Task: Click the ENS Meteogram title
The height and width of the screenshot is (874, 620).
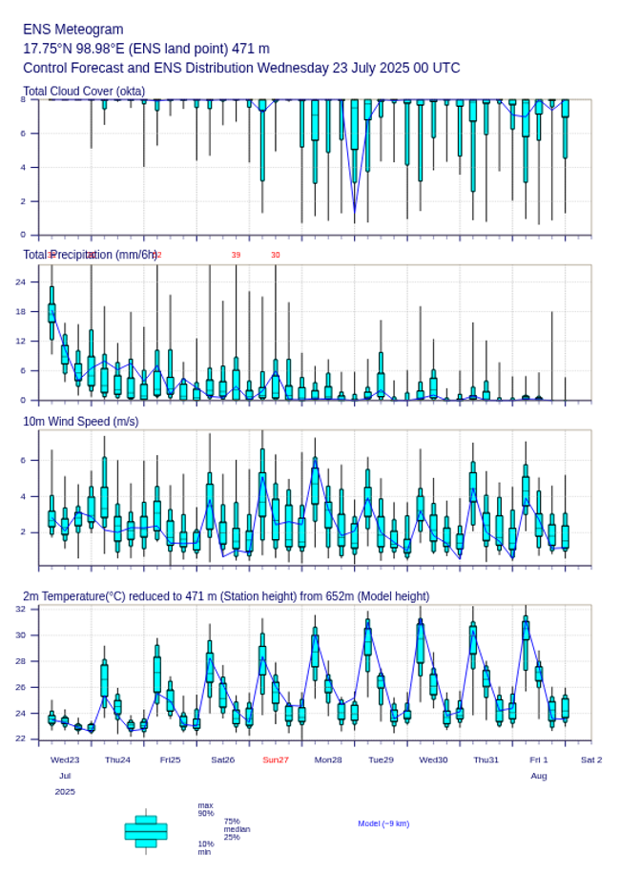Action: pyautogui.click(x=73, y=30)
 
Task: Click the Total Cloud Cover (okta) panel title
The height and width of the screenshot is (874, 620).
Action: pyautogui.click(x=84, y=92)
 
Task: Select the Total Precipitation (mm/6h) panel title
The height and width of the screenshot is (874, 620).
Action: pyautogui.click(x=91, y=255)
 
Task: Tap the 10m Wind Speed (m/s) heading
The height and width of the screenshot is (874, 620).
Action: pyautogui.click(x=81, y=421)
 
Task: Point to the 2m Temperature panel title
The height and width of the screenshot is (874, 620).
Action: pyautogui.click(x=226, y=596)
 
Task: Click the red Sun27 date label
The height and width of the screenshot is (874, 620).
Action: pyautogui.click(x=276, y=760)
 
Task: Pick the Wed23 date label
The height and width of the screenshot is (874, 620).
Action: pyautogui.click(x=65, y=760)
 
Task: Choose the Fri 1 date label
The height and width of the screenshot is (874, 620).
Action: pyautogui.click(x=539, y=760)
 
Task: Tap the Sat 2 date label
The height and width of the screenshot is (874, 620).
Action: pyautogui.click(x=591, y=760)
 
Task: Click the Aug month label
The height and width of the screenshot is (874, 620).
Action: pyautogui.click(x=539, y=777)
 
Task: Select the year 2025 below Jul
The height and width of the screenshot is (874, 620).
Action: pyautogui.click(x=65, y=792)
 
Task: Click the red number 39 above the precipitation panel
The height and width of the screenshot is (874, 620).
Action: pyautogui.click(x=236, y=256)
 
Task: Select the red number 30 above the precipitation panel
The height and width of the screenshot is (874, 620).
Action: pyautogui.click(x=276, y=256)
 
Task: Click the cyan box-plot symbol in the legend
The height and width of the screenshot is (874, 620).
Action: pyautogui.click(x=146, y=831)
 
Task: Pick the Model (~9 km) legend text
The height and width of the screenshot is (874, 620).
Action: pyautogui.click(x=383, y=823)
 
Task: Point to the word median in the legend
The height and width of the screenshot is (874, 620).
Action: pyautogui.click(x=237, y=829)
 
